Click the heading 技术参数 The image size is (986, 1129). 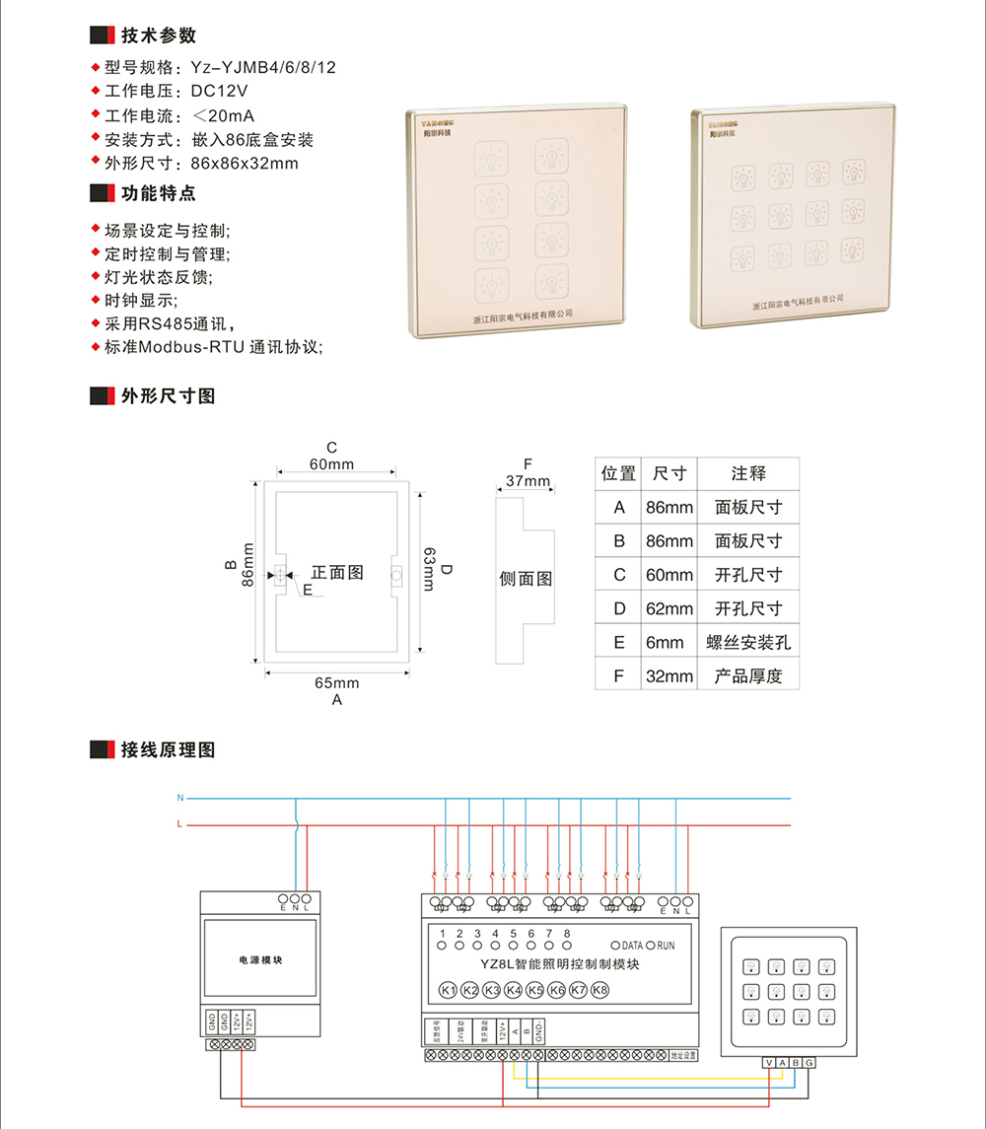click(x=158, y=35)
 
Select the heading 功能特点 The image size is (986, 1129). click(x=158, y=192)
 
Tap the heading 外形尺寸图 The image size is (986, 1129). click(x=168, y=396)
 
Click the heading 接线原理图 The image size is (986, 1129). click(x=168, y=749)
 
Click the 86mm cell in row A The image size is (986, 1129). click(x=669, y=508)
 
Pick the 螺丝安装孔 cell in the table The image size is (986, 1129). click(x=748, y=642)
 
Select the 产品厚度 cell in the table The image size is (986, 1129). click(x=748, y=675)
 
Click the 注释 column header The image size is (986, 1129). click(x=748, y=473)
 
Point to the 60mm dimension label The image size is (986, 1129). click(x=331, y=464)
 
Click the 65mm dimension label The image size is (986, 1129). click(x=337, y=682)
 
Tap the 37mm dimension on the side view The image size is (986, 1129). click(x=528, y=481)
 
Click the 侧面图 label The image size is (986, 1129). click(x=527, y=579)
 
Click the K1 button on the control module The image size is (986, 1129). click(x=447, y=990)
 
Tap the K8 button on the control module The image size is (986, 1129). click(x=599, y=990)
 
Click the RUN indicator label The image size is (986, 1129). click(x=665, y=946)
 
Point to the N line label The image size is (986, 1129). click(x=179, y=797)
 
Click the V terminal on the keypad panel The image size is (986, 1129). click(x=769, y=1062)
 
